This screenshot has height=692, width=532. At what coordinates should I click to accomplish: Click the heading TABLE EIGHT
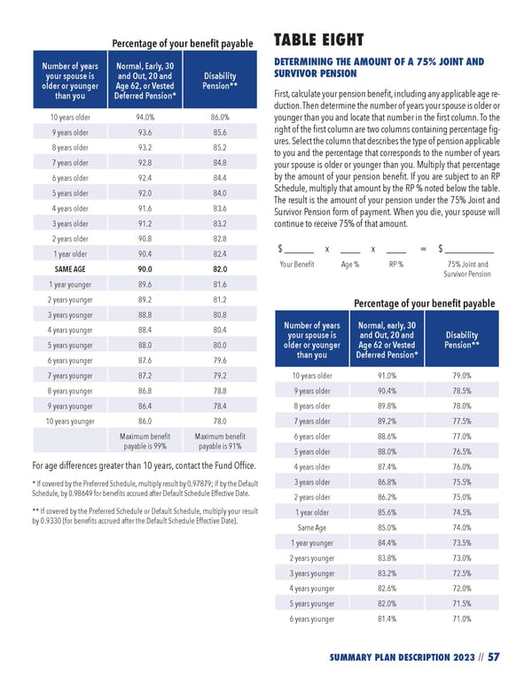point(319,40)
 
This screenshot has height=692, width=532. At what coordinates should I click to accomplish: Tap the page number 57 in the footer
point(494,657)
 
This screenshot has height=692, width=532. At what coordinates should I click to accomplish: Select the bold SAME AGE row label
point(70,268)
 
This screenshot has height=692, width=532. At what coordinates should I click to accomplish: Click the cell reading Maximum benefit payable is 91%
point(220,442)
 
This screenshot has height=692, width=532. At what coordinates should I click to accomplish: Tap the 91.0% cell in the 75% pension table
point(386,376)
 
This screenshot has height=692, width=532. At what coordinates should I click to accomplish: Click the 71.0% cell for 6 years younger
point(461,619)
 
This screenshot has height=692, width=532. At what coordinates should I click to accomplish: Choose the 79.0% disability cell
point(461,376)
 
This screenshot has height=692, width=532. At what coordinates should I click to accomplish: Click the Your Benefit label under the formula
point(296,264)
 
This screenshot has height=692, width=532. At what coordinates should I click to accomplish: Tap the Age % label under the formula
point(349,264)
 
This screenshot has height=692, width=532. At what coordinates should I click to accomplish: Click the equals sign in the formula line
point(423,249)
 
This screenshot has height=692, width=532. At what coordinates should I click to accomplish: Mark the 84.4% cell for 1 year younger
point(386,543)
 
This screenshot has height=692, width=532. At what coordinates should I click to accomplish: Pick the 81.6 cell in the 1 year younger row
point(220,284)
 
